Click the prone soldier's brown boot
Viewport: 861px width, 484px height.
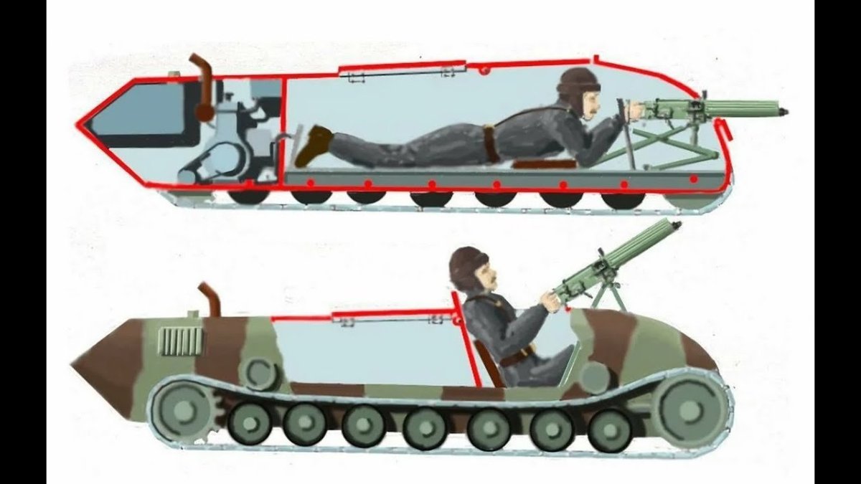pyautogui.click(x=313, y=143)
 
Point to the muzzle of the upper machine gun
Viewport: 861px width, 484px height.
pyautogui.click(x=784, y=111)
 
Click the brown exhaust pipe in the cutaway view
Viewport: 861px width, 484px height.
pyautogui.click(x=203, y=86)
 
